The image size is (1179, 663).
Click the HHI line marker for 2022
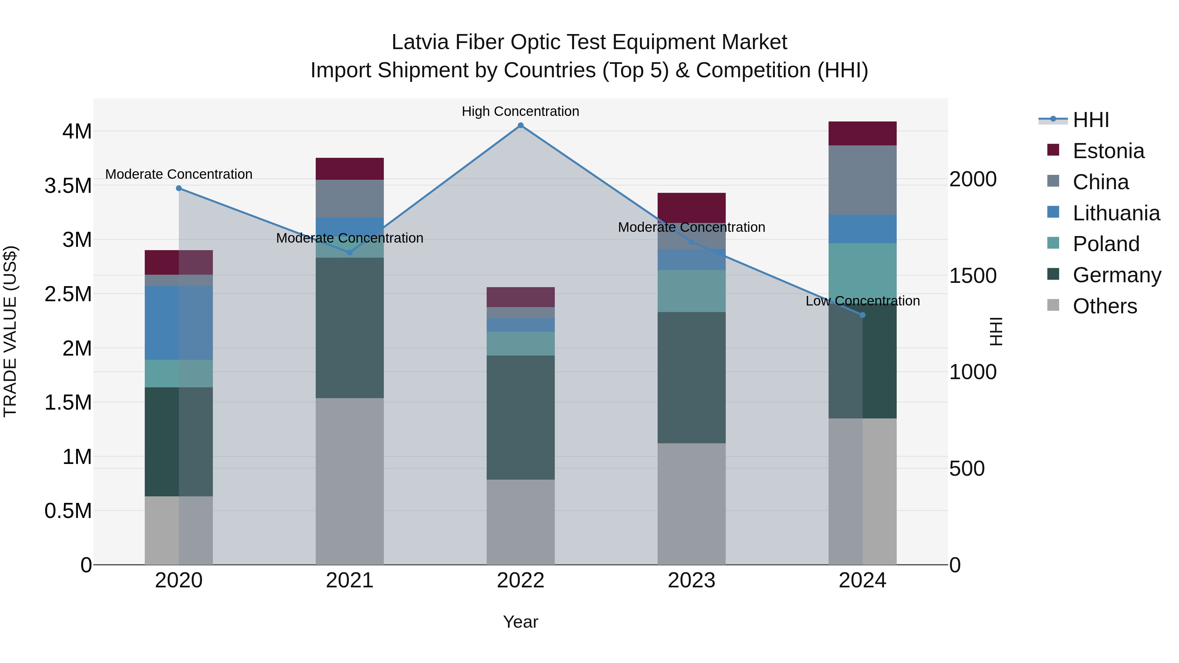point(520,125)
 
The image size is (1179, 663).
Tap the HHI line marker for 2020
point(179,188)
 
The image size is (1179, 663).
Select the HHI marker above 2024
point(862,315)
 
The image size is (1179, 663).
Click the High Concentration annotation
point(520,111)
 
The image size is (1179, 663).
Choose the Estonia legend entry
point(1108,151)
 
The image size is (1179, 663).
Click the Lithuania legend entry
point(1116,213)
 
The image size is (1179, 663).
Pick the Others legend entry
point(1104,306)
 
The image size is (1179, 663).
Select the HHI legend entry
point(1091,120)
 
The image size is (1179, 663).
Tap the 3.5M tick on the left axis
point(68,186)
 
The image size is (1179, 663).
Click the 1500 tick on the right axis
point(973,275)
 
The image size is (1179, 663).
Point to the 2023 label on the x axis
point(691,580)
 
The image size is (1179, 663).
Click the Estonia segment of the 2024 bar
point(862,134)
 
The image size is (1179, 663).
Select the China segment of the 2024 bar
point(862,180)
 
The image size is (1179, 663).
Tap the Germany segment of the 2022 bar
point(520,417)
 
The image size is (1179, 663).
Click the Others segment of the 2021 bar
point(350,480)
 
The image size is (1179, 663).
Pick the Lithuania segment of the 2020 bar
point(179,322)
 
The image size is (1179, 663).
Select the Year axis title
point(520,622)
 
